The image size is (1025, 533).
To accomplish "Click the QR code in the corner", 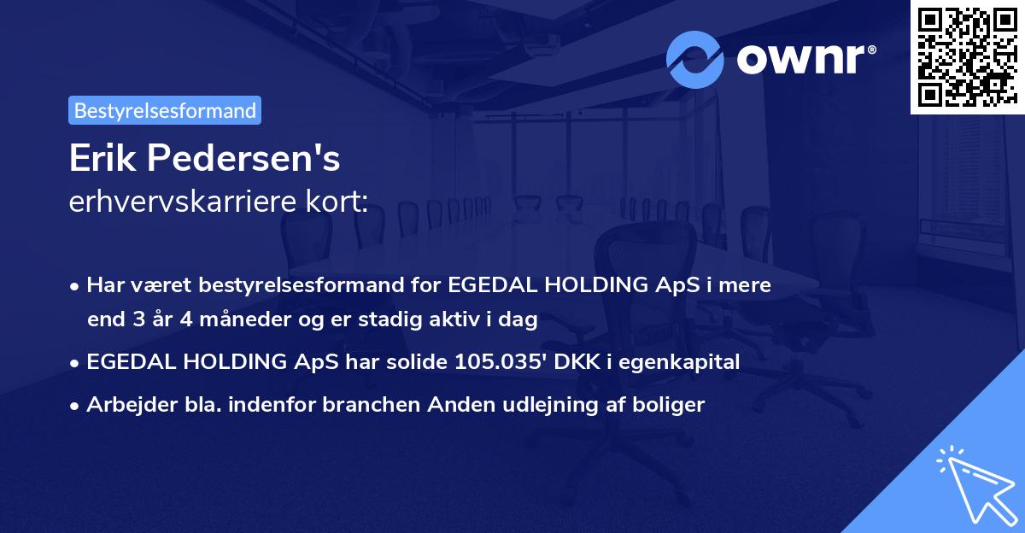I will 967,56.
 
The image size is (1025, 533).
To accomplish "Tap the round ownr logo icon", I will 694,61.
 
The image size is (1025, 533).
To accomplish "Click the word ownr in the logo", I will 805,60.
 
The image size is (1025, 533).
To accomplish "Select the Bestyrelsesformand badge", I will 165,110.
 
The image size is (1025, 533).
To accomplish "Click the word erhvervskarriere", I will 184,202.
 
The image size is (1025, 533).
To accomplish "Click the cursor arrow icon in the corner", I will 975,486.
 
